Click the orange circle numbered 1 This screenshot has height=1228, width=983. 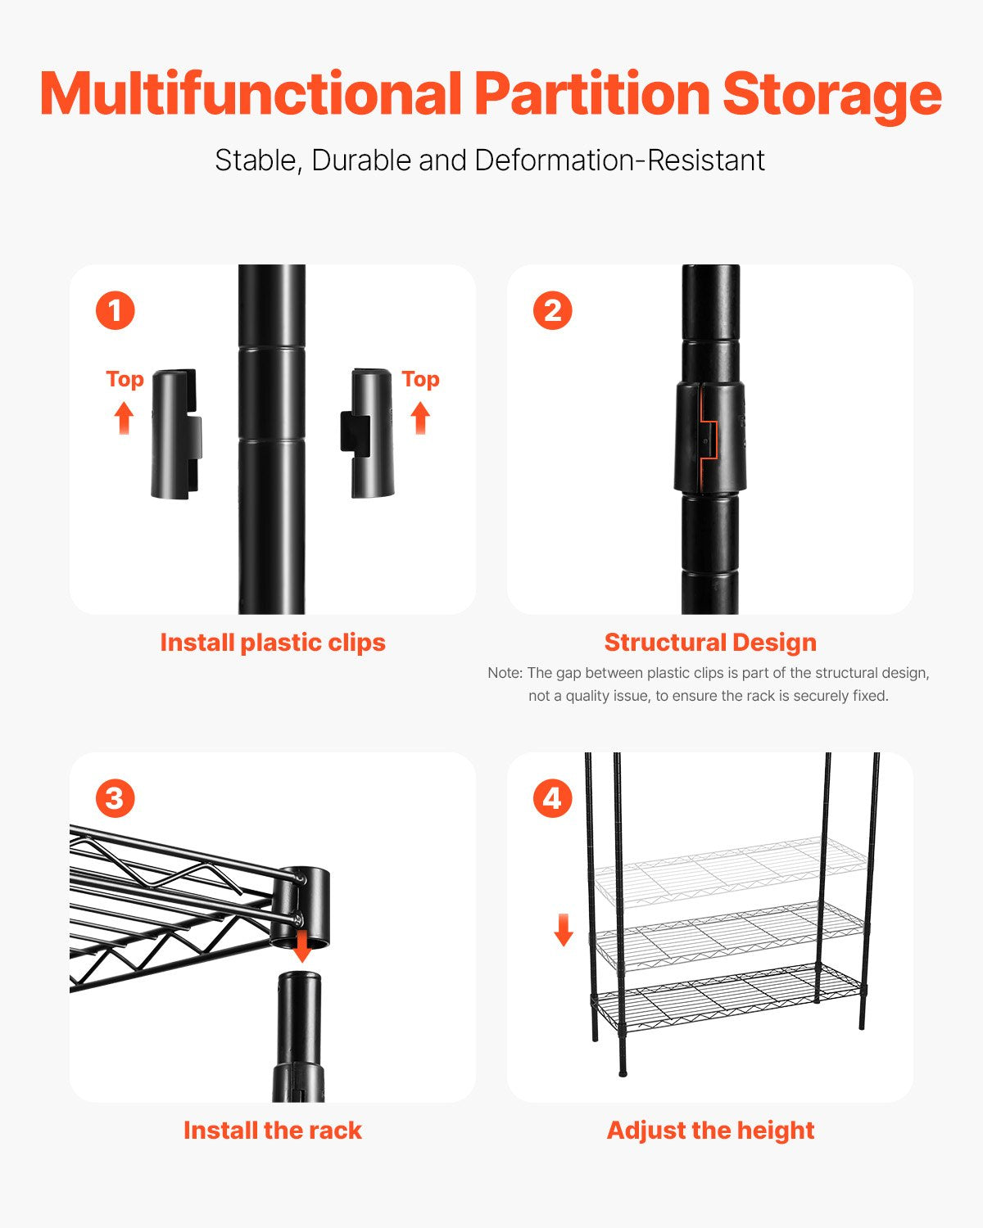115,311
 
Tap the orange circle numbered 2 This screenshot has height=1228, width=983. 552,311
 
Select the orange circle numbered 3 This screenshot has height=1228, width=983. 115,798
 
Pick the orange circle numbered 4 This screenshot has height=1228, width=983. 552,798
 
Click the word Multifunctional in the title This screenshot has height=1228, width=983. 251,94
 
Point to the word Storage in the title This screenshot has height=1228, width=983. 831,94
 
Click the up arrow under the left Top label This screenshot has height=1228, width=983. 124,418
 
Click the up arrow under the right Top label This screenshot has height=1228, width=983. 420,418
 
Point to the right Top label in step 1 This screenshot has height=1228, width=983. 420,379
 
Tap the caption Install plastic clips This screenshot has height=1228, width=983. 273,643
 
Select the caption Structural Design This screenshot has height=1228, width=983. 710,643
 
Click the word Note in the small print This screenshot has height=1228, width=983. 504,673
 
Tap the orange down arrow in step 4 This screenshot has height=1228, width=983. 564,930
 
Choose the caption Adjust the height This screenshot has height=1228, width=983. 710,1131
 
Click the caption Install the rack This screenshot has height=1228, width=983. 273,1131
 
